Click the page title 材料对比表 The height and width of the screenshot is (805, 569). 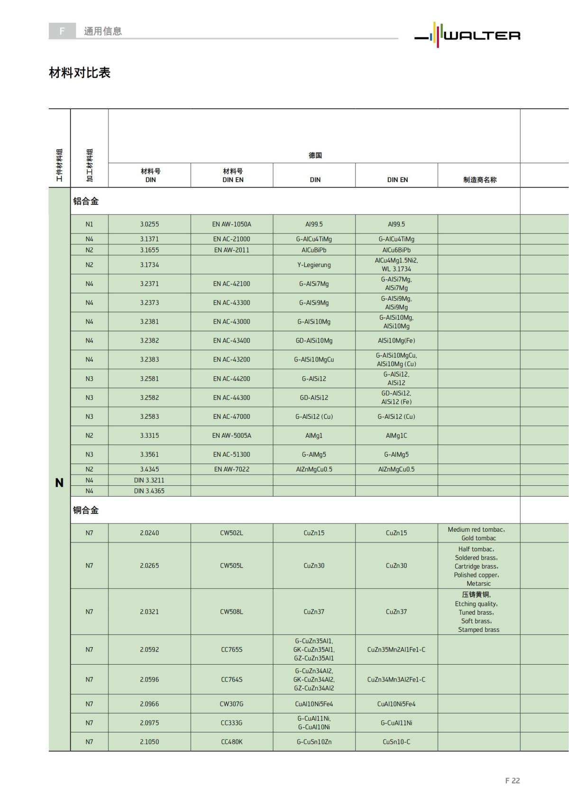point(80,73)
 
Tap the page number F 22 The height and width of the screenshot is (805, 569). point(512,780)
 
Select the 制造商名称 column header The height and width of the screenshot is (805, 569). point(479,180)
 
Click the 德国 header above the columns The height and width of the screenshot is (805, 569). point(315,155)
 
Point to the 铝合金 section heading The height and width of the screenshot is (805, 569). point(86,201)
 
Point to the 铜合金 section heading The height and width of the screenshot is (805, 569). point(86,510)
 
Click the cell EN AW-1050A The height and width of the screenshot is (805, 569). point(231,224)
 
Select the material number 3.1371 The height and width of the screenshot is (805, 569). point(149,239)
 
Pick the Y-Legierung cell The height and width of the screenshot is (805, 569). point(314,265)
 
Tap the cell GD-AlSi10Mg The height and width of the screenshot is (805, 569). point(314,341)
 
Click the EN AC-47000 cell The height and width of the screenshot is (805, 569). point(231,416)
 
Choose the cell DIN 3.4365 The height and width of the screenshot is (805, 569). point(149,491)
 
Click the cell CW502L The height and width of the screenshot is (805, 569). point(231,533)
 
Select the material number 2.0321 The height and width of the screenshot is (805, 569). point(149,611)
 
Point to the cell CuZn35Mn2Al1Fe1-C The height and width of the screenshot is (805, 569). point(396,649)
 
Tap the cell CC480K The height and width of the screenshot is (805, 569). point(231,741)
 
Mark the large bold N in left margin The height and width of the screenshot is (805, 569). point(59,483)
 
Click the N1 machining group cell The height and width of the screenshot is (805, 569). point(89,224)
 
